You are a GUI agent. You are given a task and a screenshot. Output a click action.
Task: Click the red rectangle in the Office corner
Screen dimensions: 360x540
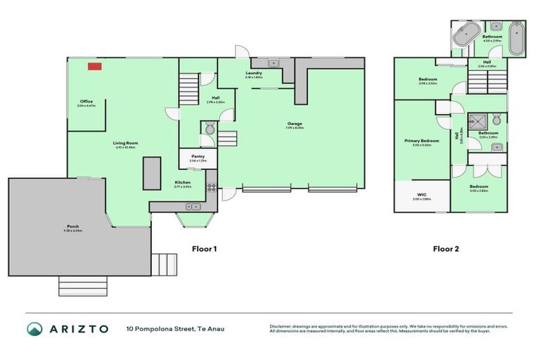pos(94,67)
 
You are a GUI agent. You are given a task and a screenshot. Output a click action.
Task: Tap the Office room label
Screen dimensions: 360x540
pos(86,103)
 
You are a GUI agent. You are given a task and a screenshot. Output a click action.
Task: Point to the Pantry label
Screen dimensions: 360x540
pos(198,157)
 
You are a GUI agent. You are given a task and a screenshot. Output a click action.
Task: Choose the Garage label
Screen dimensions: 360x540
pos(295,124)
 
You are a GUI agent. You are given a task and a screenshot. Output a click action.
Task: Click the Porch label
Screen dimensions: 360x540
pos(73,227)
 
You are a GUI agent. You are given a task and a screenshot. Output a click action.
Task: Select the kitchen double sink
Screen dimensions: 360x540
pos(191,206)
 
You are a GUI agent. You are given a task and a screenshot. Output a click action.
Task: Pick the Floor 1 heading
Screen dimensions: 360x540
pos(205,249)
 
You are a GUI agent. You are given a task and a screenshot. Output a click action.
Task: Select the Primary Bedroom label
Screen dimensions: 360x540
pos(421,141)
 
